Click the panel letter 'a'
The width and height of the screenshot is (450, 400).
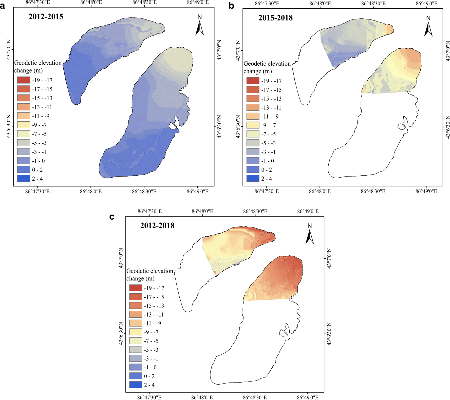[x=3, y=6]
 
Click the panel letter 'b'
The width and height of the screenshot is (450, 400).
[x=231, y=6]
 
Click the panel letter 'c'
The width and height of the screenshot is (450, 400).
[x=112, y=217]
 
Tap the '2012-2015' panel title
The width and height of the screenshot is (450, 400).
[x=46, y=17]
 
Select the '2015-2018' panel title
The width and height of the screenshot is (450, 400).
[x=275, y=18]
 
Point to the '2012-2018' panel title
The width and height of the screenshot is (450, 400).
[x=157, y=225]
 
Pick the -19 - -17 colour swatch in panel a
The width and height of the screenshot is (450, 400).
[x=24, y=80]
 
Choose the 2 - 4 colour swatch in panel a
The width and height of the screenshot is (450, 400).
[x=24, y=179]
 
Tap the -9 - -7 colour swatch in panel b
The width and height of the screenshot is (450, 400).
[x=253, y=125]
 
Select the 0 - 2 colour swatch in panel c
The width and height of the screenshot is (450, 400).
[x=136, y=376]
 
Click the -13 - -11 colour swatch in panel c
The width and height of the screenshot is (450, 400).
[x=136, y=314]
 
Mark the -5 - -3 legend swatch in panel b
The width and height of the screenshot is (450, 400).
[x=253, y=143]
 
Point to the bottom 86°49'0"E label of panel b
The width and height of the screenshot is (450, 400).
[x=426, y=191]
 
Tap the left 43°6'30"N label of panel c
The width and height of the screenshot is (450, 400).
[x=121, y=333]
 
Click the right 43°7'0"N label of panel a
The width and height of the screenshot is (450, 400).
[x=219, y=50]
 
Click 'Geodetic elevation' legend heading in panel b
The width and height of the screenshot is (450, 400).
[x=267, y=64]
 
